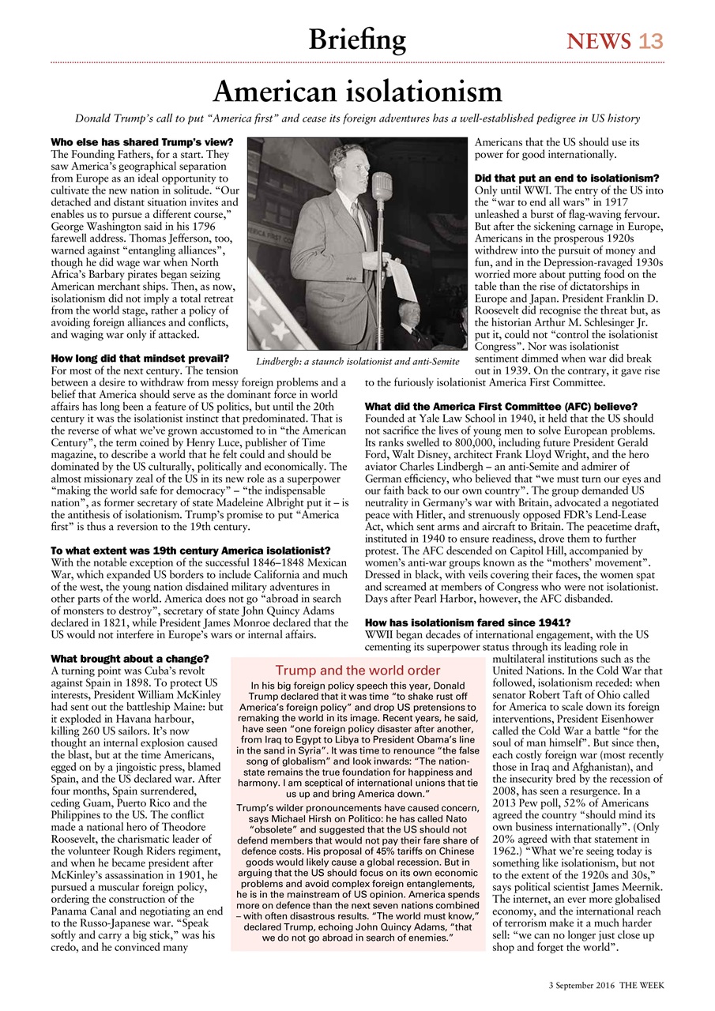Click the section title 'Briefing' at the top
(357, 39)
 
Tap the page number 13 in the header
(651, 41)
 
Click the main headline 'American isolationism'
(357, 92)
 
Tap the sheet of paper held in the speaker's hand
(401, 276)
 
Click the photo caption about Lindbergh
(358, 361)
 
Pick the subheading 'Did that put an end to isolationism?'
(566, 179)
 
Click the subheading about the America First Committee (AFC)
(496, 406)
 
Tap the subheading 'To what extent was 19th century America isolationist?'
(190, 550)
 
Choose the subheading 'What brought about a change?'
(130, 659)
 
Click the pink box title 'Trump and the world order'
(357, 671)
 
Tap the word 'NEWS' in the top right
(598, 41)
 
